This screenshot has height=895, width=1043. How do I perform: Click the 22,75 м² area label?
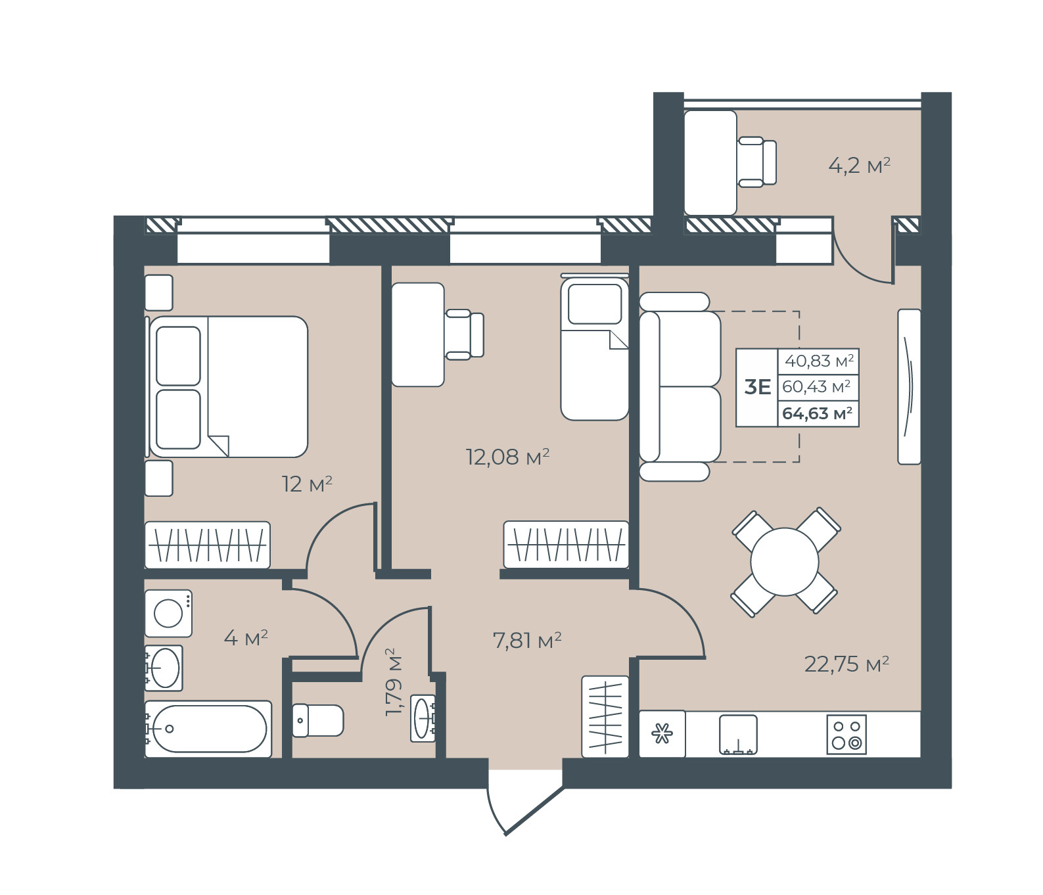846,664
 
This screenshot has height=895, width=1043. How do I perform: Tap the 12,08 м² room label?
507,456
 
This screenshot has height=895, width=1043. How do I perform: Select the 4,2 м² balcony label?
859,165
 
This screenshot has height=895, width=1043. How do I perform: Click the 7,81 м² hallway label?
527,639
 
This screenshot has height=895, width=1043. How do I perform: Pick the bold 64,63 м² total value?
818,413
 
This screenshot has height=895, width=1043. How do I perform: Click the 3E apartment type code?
757,387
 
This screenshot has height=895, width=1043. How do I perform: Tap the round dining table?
785,562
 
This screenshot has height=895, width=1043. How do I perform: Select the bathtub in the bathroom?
208,729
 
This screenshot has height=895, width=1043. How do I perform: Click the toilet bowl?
317,720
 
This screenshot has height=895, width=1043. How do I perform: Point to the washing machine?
168,613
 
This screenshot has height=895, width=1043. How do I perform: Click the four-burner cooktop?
846,735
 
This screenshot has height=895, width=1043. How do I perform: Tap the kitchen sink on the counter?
738,735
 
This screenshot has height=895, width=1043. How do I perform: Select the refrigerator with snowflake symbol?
662,733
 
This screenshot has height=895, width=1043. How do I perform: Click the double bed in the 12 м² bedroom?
229,386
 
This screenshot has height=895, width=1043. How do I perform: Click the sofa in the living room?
680,387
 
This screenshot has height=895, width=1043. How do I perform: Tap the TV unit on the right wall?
909,386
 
